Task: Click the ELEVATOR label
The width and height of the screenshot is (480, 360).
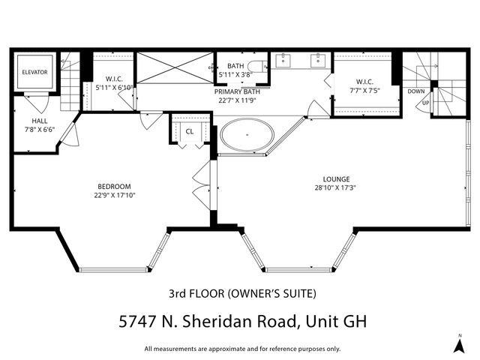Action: [34, 72]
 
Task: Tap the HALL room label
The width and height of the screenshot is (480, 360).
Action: [40, 121]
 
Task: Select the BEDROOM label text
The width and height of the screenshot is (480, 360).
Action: [114, 187]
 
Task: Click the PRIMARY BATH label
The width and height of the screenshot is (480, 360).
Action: [236, 91]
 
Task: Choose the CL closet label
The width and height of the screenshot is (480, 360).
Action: [189, 131]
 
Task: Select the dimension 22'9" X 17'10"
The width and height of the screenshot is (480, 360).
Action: [114, 196]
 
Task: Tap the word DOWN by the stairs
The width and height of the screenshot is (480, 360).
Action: [416, 91]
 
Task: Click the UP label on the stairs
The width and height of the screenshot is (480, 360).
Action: [426, 103]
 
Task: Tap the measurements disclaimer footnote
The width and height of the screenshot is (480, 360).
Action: [242, 349]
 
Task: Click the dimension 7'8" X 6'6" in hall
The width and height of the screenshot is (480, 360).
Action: [40, 130]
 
